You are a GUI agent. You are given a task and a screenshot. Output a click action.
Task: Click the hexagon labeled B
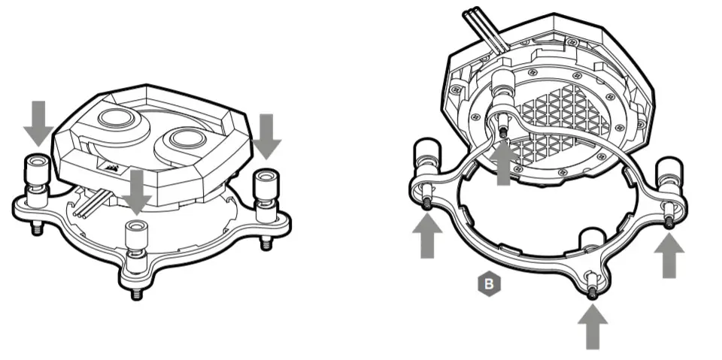coord(488,284)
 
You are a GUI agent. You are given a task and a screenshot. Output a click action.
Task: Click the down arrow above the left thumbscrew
coord(38,123)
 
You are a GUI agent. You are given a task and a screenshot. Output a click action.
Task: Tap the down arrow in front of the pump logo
coord(136,191)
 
